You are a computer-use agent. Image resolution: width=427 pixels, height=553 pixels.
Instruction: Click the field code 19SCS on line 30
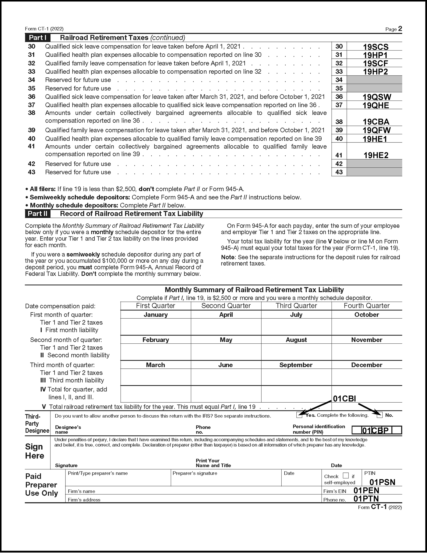click(376, 47)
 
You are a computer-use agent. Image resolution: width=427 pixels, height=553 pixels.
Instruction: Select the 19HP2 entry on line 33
click(375, 72)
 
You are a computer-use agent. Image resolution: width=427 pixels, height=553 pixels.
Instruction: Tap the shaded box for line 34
click(374, 80)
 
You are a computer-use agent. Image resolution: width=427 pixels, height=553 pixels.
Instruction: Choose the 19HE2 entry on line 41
click(376, 155)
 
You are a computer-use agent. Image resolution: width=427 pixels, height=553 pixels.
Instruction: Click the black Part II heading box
click(38, 214)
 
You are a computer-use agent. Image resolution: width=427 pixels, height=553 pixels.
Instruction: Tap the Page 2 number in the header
click(400, 29)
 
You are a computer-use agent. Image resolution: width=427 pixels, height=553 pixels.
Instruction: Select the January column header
click(156, 315)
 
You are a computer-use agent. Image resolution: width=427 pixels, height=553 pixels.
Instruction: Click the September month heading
click(296, 365)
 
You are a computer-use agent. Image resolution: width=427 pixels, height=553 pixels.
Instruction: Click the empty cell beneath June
click(226, 377)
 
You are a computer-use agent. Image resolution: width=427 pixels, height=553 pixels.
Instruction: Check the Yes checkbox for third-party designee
click(299, 415)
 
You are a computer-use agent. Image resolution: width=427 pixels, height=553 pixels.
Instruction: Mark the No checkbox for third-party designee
click(380, 415)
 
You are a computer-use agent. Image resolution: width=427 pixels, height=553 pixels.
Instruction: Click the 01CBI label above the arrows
click(344, 399)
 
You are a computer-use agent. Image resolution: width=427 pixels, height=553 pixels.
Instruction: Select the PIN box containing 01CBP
click(377, 430)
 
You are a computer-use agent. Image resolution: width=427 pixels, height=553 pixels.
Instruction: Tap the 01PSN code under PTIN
click(382, 482)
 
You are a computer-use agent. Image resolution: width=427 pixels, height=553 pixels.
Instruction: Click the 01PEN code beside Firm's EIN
click(366, 491)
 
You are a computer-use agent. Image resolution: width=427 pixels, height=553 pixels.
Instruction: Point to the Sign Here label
click(35, 451)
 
